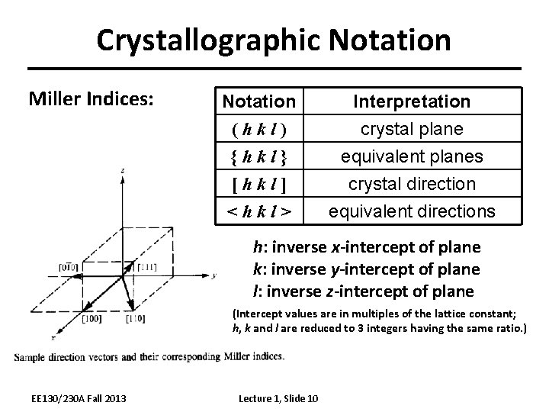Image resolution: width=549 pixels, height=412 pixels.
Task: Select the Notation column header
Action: pyautogui.click(x=258, y=101)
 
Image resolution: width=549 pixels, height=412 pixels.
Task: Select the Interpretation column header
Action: pyautogui.click(x=412, y=101)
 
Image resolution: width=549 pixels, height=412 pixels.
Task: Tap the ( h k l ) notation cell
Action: pyautogui.click(x=258, y=129)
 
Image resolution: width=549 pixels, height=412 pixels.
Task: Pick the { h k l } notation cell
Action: pyautogui.click(x=258, y=156)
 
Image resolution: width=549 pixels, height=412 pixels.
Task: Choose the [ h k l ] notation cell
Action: pyautogui.click(x=258, y=184)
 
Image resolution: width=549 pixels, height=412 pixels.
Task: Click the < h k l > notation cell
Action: pyautogui.click(x=258, y=211)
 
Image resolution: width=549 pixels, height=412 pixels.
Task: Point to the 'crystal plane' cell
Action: pyautogui.click(x=412, y=129)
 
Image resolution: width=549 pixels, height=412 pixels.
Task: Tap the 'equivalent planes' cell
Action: pyautogui.click(x=412, y=156)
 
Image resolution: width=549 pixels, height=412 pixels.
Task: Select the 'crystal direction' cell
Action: pyautogui.click(x=412, y=184)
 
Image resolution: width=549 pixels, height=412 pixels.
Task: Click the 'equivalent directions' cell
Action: pyautogui.click(x=412, y=211)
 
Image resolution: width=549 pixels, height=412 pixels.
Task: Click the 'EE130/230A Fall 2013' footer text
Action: pyautogui.click(x=74, y=398)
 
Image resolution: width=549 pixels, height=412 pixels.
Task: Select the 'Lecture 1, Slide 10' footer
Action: pyautogui.click(x=279, y=398)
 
